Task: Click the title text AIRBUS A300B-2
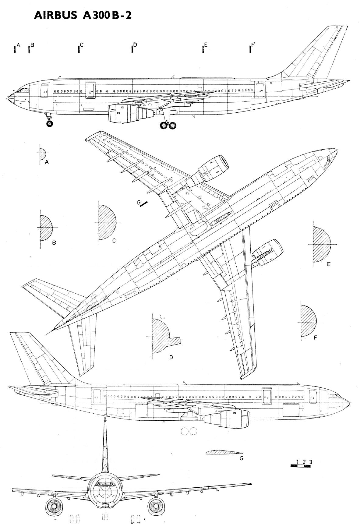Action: pyautogui.click(x=83, y=16)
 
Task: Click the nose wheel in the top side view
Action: pyautogui.click(x=49, y=123)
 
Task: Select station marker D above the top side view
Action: pyautogui.click(x=132, y=49)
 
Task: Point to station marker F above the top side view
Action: pyautogui.click(x=250, y=49)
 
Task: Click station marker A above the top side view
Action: pyautogui.click(x=15, y=49)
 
